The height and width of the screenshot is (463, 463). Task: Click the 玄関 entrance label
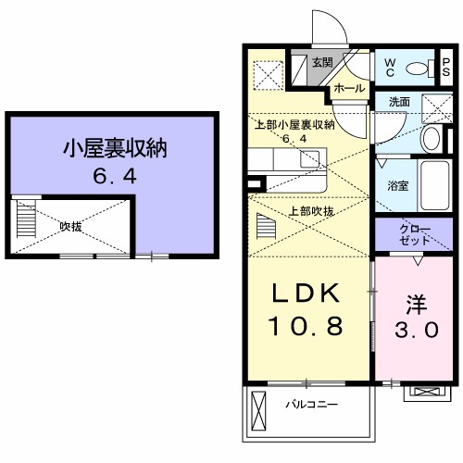pyautogui.click(x=321, y=63)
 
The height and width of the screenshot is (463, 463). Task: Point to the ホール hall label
pyautogui.click(x=348, y=87)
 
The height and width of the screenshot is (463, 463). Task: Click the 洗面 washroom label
pyautogui.click(x=399, y=101)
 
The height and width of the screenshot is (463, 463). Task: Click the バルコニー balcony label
pyautogui.click(x=310, y=405)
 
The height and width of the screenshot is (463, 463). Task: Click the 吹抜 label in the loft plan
pyautogui.click(x=70, y=225)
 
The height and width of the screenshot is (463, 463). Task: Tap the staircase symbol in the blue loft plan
pyautogui.click(x=23, y=222)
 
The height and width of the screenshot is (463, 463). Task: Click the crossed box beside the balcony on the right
pyautogui.click(x=427, y=392)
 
